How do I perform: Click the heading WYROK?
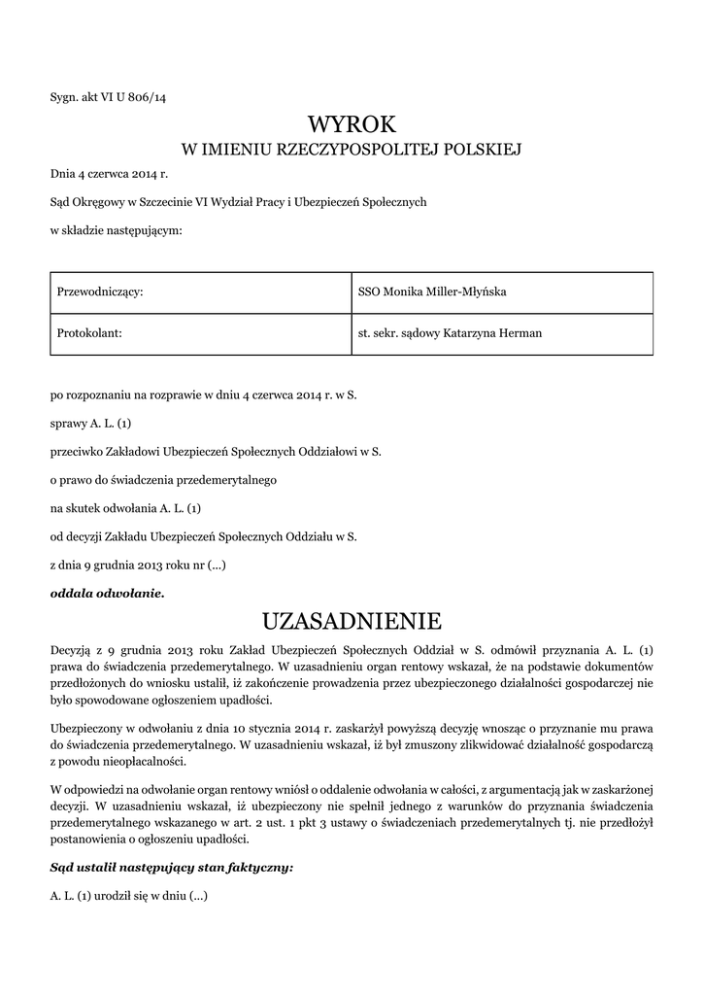pos(352,124)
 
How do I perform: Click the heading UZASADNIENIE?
pos(352,620)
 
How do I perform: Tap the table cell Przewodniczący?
pos(101,292)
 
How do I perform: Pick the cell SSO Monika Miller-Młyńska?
pos(431,292)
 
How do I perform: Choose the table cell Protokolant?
pos(89,332)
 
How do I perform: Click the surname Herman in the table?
pos(520,332)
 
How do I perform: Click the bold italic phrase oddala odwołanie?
pos(108,592)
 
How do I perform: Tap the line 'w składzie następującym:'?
pos(116,229)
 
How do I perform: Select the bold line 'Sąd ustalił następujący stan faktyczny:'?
pos(171,866)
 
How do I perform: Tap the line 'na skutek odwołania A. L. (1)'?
pos(125,507)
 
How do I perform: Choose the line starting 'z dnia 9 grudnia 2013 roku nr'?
pos(138,564)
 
